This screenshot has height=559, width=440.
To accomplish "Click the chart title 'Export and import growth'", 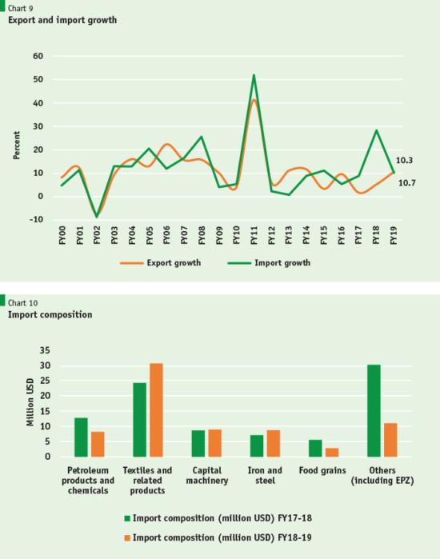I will tap(62, 19).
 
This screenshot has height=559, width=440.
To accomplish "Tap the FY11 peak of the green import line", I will tap(254, 76).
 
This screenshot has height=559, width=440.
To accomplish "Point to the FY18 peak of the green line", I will tap(375, 130).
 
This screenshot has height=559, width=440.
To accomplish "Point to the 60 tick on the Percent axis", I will tap(37, 56).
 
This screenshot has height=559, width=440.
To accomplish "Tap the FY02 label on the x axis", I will tap(98, 238).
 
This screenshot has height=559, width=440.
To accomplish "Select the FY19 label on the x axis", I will tap(394, 238).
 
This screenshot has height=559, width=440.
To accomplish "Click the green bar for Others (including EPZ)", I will tap(374, 410).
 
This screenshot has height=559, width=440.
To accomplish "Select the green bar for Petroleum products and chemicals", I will tap(81, 437).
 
